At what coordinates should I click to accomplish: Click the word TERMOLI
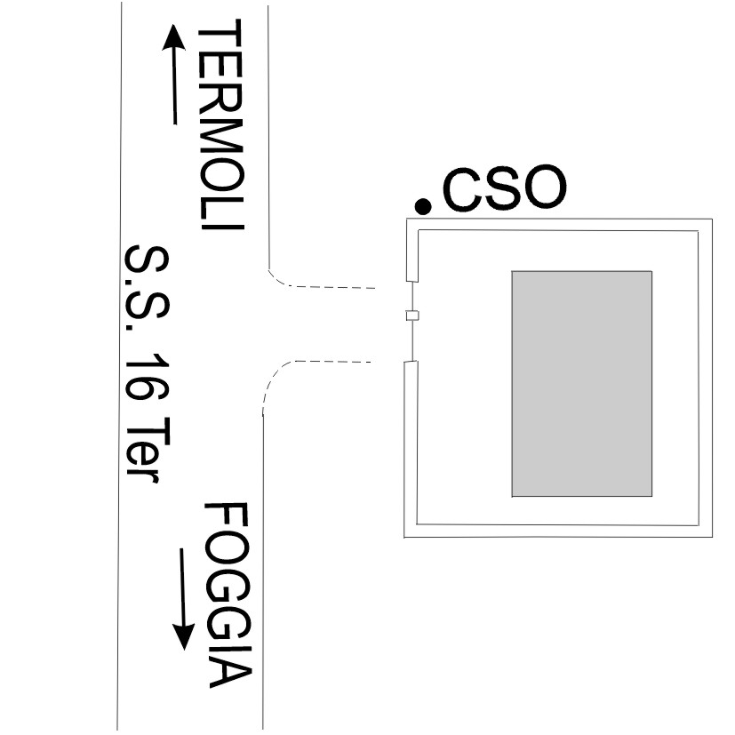[x=220, y=128]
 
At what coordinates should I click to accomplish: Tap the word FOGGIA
[x=228, y=595]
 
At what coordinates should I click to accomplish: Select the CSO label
[x=503, y=189]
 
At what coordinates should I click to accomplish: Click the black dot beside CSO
[x=424, y=207]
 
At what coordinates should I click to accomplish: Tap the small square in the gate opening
[x=411, y=316]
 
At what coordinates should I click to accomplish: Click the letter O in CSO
[x=542, y=189]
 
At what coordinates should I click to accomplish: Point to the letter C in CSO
[x=462, y=190]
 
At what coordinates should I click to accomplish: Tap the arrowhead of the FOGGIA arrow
[x=184, y=635]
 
